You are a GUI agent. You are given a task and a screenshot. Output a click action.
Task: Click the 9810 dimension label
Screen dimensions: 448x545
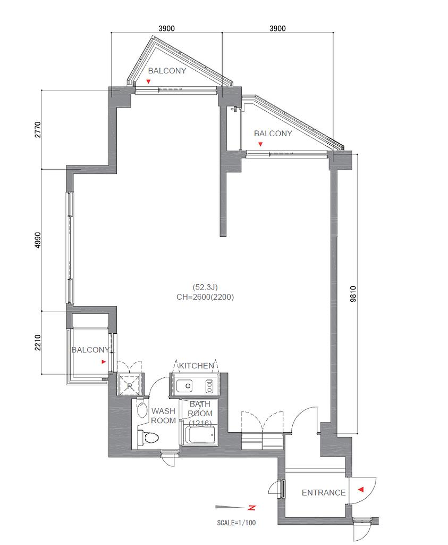(x=353, y=294)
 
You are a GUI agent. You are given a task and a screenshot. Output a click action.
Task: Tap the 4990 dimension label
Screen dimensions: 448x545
(x=38, y=240)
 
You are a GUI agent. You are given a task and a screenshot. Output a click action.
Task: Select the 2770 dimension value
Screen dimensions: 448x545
(x=38, y=130)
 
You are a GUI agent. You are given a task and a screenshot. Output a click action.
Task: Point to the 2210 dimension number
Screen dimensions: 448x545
(x=38, y=342)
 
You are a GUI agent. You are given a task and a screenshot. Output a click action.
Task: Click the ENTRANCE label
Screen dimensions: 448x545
(x=324, y=492)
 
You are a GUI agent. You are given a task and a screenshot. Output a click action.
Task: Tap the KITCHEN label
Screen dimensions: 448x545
(x=197, y=366)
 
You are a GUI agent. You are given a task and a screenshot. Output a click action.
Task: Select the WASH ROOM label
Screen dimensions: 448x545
(x=163, y=416)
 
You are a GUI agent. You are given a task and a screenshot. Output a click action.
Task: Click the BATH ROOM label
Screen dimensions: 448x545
(x=200, y=409)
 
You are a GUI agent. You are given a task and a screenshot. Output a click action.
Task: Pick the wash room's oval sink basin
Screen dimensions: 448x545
(x=141, y=410)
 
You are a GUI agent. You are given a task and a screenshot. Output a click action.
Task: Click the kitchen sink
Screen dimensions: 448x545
(x=184, y=386)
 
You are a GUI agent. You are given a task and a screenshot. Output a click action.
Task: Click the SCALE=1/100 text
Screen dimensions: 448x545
(x=236, y=523)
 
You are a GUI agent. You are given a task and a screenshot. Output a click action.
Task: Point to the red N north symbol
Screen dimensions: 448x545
(x=252, y=508)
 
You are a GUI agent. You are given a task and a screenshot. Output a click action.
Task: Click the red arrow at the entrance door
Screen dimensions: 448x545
(x=360, y=490)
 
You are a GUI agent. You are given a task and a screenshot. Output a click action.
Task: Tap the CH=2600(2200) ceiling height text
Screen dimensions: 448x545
(x=205, y=297)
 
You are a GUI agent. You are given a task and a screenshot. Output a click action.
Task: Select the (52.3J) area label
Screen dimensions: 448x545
(x=205, y=287)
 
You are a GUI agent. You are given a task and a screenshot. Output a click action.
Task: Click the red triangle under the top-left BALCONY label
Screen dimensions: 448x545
(x=148, y=81)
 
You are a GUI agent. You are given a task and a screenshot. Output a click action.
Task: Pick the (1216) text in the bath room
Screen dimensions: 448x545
(x=200, y=423)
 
